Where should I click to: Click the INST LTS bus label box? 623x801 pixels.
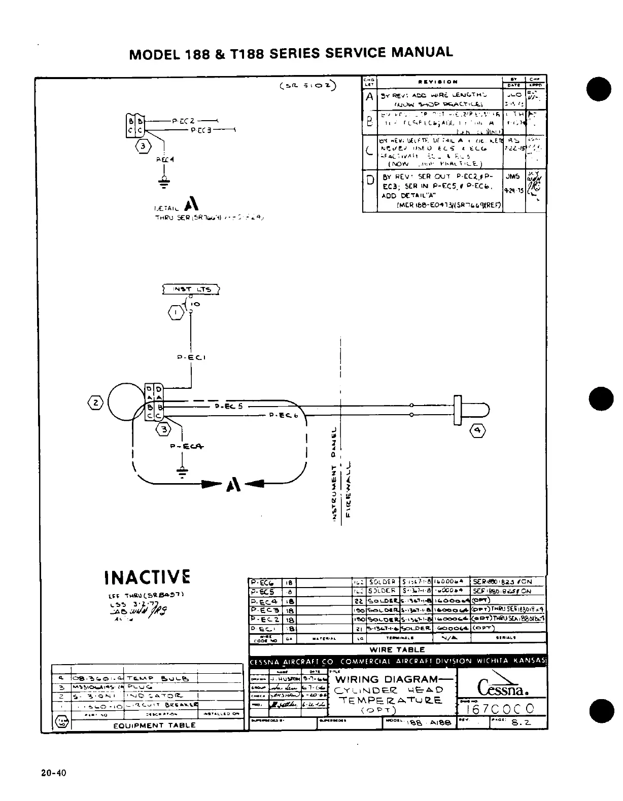(x=191, y=289)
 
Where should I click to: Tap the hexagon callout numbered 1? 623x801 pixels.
(x=176, y=312)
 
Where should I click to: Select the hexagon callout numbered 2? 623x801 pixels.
(x=96, y=404)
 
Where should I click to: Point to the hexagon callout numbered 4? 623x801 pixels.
(x=478, y=431)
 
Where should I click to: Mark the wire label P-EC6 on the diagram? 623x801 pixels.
(x=283, y=415)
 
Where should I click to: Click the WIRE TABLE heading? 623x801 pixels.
(x=397, y=649)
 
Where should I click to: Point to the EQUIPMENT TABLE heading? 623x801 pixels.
(x=154, y=725)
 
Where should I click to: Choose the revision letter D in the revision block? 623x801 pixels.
(x=370, y=180)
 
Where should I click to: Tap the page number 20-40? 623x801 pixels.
(x=55, y=773)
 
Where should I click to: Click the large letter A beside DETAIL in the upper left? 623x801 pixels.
(x=191, y=204)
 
